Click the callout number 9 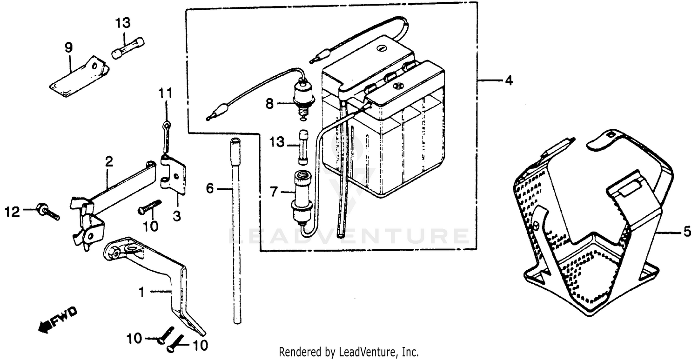68,47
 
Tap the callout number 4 509,80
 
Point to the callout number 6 210,189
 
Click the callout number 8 269,104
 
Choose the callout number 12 13,212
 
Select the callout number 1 141,292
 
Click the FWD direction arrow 58,320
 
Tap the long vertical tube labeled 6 236,233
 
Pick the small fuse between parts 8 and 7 303,147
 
